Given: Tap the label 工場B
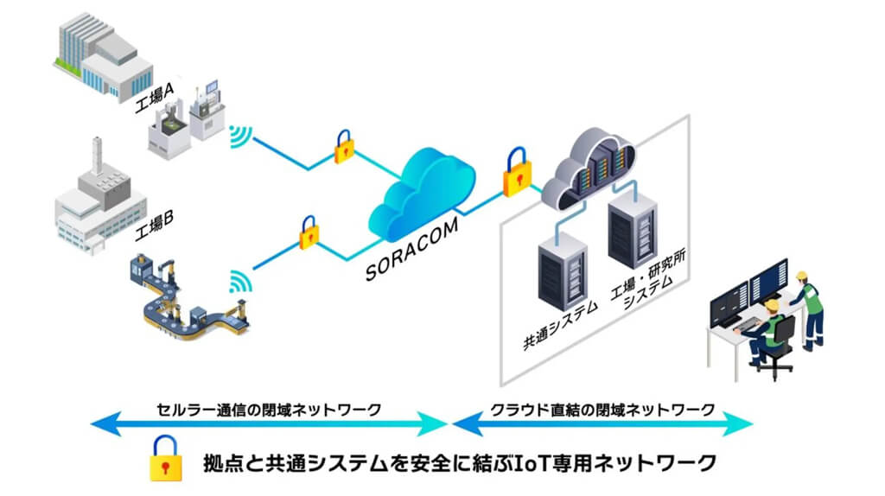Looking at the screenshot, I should point(155,226).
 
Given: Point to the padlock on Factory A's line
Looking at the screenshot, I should point(345,148).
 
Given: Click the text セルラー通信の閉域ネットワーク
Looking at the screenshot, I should point(269,409).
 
